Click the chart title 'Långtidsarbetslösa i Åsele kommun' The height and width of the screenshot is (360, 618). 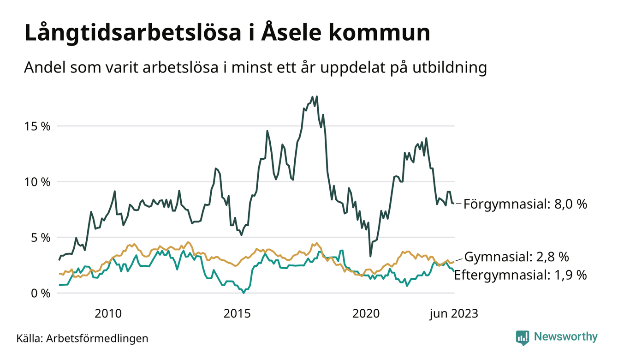pos(227,33)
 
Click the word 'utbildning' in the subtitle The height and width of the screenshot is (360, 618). pos(452,68)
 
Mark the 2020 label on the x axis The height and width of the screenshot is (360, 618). pos(366,314)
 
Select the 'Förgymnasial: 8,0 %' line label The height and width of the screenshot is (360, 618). pos(525,204)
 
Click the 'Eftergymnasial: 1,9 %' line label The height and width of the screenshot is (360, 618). pos(521,276)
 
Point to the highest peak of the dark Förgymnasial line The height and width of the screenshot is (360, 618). pos(317,96)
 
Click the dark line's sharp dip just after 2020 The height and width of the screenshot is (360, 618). pos(370,256)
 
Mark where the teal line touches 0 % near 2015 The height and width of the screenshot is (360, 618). pos(244,293)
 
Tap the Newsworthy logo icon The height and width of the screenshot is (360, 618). pos(523,337)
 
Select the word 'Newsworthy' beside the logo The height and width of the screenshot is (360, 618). pos(566,337)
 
